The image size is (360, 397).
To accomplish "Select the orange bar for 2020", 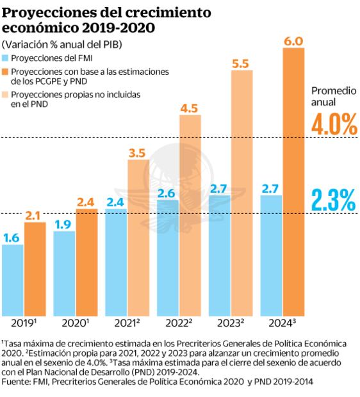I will pos(86,262).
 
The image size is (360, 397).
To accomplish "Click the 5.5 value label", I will pos(241,63).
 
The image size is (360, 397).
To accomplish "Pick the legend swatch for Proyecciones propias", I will pos(6,95).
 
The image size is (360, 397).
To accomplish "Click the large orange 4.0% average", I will pos(333,125).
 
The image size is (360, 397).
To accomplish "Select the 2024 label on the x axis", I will pos(281,323).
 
